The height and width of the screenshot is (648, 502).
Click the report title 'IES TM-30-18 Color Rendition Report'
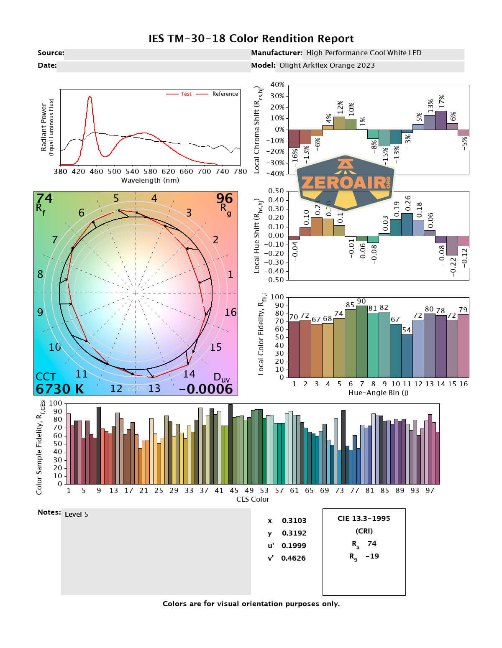click(x=251, y=39)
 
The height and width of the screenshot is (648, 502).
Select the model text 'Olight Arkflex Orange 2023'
click(x=327, y=66)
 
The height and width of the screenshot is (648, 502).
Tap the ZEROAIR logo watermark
click(x=346, y=183)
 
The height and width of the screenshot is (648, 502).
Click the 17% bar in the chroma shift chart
click(x=441, y=120)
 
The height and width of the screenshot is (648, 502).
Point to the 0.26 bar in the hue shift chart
click(x=407, y=225)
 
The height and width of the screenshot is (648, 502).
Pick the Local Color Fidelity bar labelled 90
click(x=361, y=341)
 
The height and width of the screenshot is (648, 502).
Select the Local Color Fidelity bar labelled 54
click(x=407, y=355)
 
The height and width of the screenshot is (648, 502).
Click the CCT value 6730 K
click(x=59, y=389)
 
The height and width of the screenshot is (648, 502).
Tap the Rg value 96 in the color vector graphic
click(x=224, y=198)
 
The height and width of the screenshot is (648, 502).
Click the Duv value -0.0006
click(x=206, y=389)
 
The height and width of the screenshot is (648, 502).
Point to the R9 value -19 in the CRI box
click(x=372, y=556)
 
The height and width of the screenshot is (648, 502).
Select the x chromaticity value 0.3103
click(x=294, y=521)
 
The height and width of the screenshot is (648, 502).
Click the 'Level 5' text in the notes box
click(x=76, y=515)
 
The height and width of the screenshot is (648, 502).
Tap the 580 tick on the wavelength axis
click(x=150, y=171)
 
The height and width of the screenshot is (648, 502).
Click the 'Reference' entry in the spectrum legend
click(x=225, y=94)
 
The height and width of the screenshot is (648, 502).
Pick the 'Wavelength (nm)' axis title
click(x=150, y=181)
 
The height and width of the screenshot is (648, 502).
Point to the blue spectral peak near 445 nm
click(x=90, y=97)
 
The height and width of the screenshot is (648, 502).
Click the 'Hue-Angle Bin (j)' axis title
click(x=378, y=393)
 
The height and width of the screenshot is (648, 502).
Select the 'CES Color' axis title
click(x=253, y=500)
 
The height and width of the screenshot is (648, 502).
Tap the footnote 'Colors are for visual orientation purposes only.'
click(x=251, y=604)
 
